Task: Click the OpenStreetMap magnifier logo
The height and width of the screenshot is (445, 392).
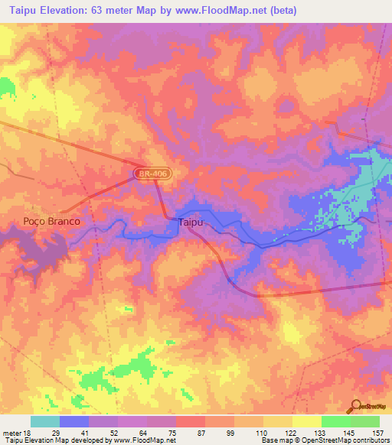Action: tap(357, 405)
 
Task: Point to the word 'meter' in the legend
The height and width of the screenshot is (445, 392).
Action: tap(10, 432)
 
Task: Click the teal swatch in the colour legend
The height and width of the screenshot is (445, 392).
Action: tap(44, 421)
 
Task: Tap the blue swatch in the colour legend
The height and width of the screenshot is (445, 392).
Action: tap(74, 421)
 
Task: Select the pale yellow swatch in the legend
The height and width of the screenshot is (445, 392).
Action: tap(307, 421)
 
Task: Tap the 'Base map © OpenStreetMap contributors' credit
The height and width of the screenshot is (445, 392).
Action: tap(324, 440)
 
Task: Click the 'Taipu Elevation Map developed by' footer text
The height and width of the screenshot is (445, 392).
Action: tap(57, 440)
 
